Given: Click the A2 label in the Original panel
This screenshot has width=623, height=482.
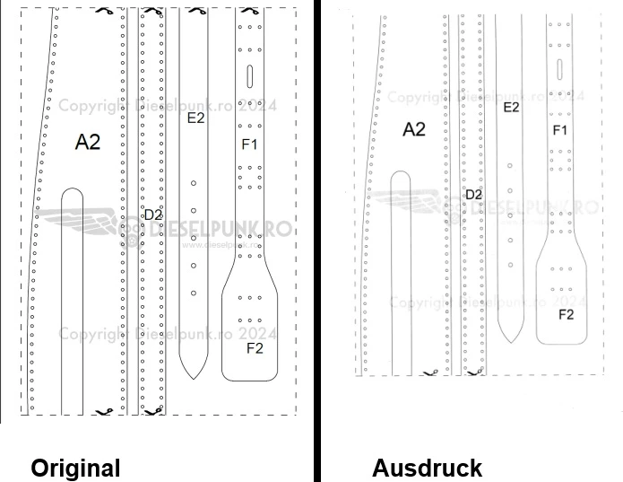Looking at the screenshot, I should click(x=88, y=141).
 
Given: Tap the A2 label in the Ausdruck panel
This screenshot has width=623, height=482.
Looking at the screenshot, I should click(x=413, y=129).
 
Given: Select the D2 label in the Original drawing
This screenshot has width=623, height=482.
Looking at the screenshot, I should click(x=152, y=215).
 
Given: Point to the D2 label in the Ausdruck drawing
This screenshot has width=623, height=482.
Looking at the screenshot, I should click(x=473, y=194).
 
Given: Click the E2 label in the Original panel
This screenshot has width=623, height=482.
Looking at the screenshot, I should click(x=195, y=118).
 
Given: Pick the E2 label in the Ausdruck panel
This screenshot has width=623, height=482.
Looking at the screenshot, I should click(x=511, y=107).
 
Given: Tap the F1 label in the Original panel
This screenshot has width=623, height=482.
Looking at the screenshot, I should click(x=249, y=143).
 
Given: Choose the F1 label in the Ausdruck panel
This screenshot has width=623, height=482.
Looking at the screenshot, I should click(x=560, y=130).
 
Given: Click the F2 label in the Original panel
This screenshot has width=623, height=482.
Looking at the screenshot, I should click(x=254, y=348).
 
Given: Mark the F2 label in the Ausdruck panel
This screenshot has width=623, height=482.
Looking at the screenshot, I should click(x=566, y=314).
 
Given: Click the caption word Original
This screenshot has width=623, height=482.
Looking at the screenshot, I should click(x=75, y=468).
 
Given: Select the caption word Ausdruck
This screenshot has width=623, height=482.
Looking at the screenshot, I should click(x=427, y=468).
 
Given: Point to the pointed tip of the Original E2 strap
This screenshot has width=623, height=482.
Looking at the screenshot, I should click(x=193, y=378).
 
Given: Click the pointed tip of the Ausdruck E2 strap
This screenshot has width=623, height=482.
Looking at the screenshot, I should click(x=509, y=342).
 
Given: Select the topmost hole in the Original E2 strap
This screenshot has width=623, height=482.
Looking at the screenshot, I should click(x=193, y=183).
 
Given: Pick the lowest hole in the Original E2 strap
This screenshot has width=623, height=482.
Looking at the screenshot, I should click(x=193, y=293).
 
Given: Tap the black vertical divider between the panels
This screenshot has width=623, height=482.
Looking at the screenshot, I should click(x=316, y=241).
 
